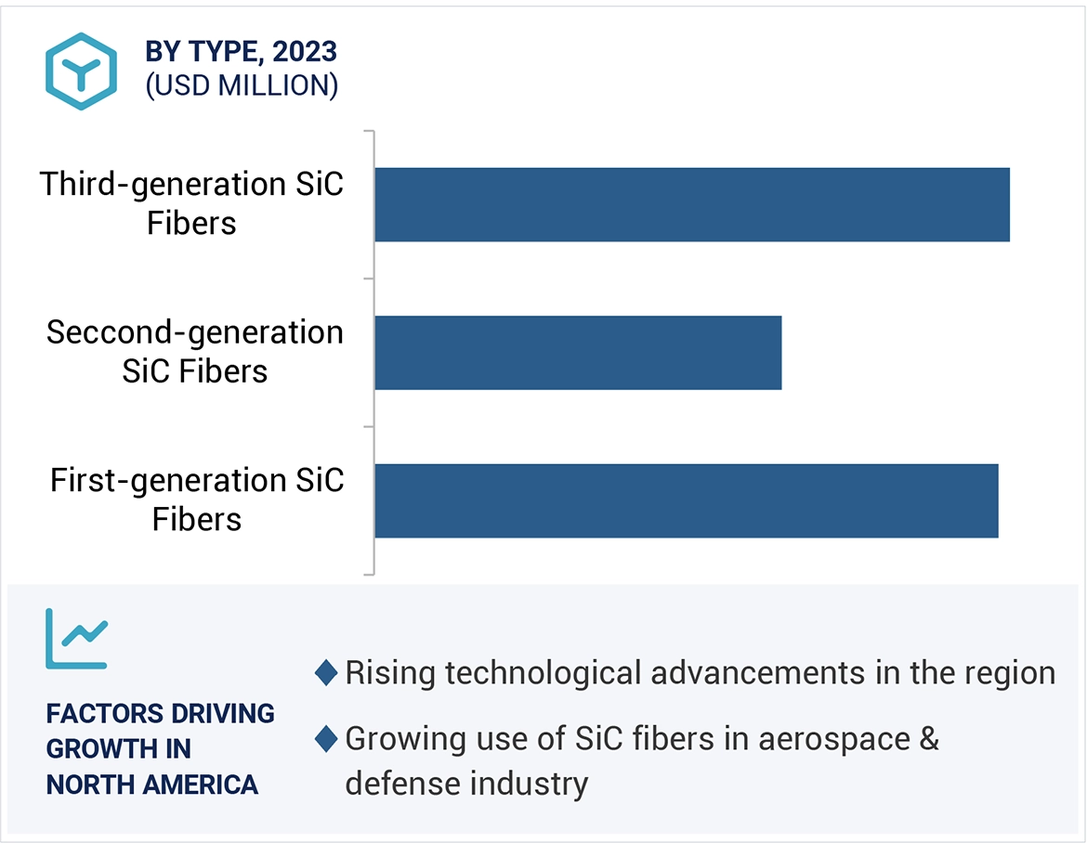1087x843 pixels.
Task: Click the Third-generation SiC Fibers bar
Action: click(692, 204)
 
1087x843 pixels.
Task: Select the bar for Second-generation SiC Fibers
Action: click(578, 353)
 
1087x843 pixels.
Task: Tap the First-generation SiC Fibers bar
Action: click(687, 500)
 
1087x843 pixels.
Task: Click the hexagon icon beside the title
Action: click(82, 71)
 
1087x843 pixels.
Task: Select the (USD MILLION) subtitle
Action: click(242, 85)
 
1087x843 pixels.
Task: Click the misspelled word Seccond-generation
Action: click(195, 332)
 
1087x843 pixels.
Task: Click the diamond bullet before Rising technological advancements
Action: click(326, 673)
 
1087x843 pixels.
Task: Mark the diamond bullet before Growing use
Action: click(326, 739)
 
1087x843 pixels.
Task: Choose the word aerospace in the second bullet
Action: click(819, 739)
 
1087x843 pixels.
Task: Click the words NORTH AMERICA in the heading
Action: click(152, 785)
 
